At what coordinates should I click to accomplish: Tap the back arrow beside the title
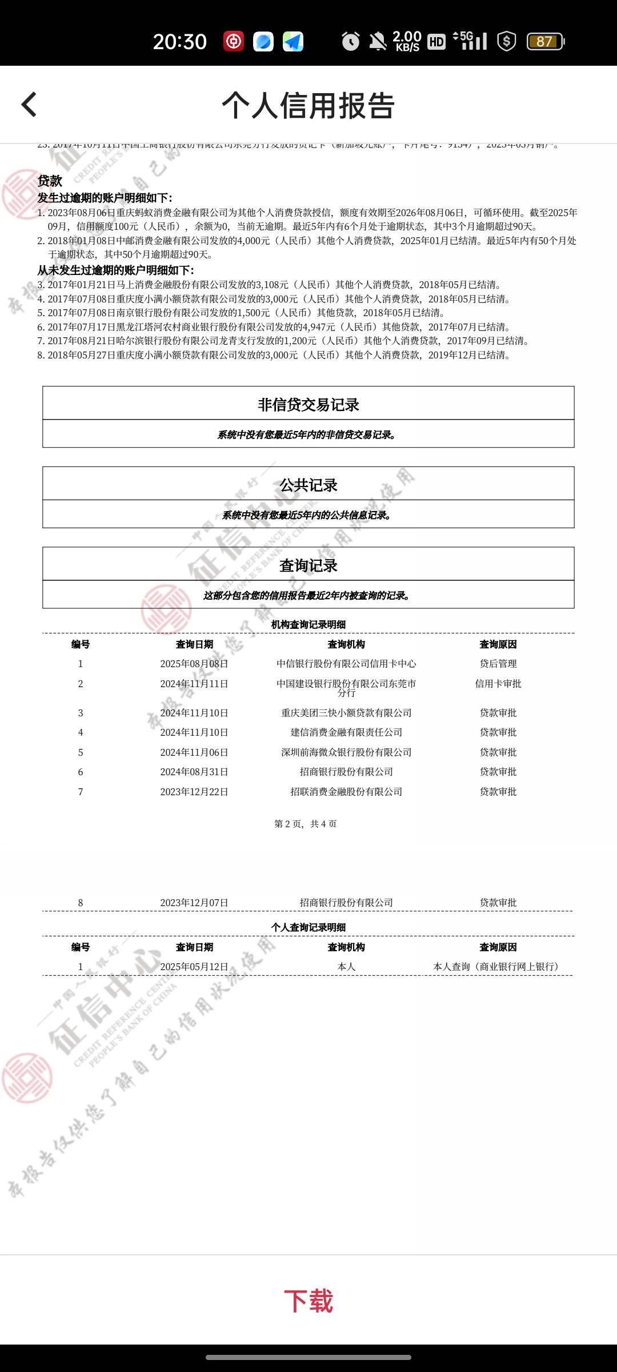[x=29, y=105]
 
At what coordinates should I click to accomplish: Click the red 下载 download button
[x=308, y=1301]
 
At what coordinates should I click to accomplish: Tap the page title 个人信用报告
[x=308, y=106]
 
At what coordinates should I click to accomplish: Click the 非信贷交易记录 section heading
[x=308, y=405]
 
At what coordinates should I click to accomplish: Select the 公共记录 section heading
[x=308, y=485]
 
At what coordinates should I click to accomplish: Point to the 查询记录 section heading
[x=308, y=565]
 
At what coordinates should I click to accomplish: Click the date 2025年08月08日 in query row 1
[x=194, y=664]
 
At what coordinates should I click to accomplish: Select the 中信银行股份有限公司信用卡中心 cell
[x=346, y=664]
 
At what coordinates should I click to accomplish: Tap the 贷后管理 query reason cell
[x=498, y=664]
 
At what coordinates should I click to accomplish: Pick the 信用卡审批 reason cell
[x=498, y=684]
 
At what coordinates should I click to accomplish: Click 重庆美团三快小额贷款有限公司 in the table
[x=346, y=713]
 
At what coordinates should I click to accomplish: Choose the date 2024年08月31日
[x=194, y=772]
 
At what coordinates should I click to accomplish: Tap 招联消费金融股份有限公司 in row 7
[x=346, y=792]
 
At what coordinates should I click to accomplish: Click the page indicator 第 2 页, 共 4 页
[x=306, y=824]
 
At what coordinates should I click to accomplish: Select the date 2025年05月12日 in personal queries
[x=194, y=967]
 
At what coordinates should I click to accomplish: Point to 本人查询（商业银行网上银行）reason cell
[x=496, y=967]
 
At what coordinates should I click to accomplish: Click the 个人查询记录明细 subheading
[x=308, y=927]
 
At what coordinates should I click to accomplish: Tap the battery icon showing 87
[x=545, y=41]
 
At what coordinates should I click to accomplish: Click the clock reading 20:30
[x=179, y=42]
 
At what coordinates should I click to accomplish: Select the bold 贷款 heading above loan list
[x=50, y=181]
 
